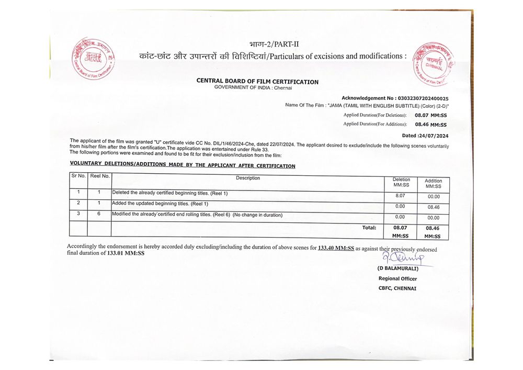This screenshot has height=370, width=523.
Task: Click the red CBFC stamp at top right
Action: (x=433, y=64)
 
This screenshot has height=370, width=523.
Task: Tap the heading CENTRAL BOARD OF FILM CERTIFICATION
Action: (x=257, y=82)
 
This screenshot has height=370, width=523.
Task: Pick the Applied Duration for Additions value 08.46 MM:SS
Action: (x=430, y=125)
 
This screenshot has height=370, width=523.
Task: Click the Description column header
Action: (x=248, y=178)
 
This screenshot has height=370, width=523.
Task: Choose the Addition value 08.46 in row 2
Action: (x=433, y=207)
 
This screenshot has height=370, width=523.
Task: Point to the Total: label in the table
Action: (x=369, y=228)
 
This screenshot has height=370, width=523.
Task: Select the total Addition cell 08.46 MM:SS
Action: (x=433, y=232)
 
